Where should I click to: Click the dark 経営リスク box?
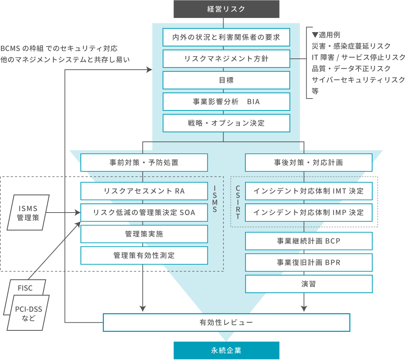click(226, 9)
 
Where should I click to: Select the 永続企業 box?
click(226, 350)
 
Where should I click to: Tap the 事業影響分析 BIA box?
click(226, 102)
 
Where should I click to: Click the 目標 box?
click(226, 80)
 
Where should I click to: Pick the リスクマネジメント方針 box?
click(226, 59)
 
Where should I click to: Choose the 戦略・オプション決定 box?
click(226, 123)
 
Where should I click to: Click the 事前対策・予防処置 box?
click(144, 163)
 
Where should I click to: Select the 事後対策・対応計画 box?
click(308, 163)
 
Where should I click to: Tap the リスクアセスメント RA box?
click(144, 191)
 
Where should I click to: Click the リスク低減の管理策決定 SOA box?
click(144, 213)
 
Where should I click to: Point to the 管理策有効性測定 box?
click(144, 255)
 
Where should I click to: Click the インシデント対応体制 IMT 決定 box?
click(308, 191)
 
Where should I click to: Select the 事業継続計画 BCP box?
click(308, 241)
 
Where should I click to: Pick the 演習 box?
click(308, 284)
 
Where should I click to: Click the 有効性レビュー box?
click(226, 322)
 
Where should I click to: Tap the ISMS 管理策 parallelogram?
click(28, 213)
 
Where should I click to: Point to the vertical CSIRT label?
click(238, 202)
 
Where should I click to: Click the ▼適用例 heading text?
click(326, 35)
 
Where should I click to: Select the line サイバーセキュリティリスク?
click(358, 80)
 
